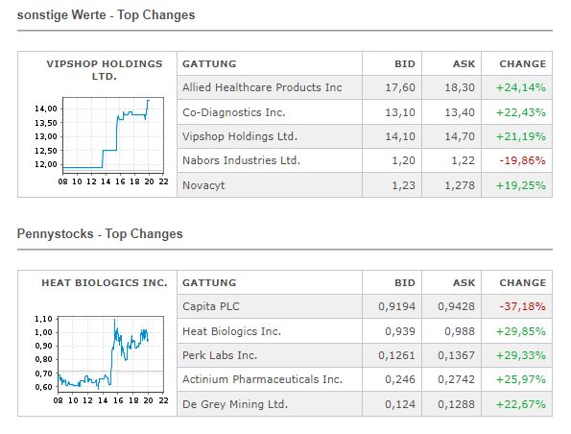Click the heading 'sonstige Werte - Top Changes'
(106, 14)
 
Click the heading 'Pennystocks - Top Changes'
(100, 233)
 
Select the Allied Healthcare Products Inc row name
(262, 87)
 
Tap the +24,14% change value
(521, 87)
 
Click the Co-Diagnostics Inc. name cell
(234, 112)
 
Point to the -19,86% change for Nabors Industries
(522, 160)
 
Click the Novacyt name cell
(204, 185)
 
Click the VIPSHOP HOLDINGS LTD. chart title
(105, 69)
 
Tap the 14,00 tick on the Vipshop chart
(45, 108)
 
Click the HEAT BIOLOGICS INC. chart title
(105, 283)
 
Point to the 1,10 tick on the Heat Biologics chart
(42, 318)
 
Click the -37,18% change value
(522, 306)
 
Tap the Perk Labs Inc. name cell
(221, 355)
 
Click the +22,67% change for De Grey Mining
(521, 404)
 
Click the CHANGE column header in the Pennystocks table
(522, 283)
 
